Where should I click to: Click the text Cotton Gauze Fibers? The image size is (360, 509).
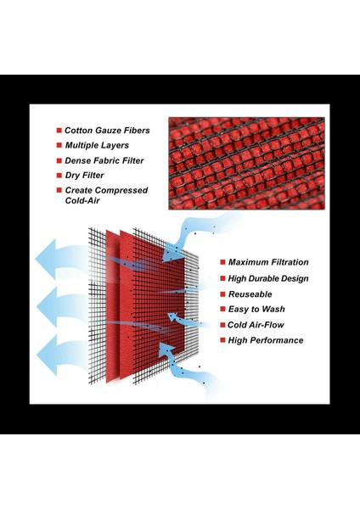click(107, 131)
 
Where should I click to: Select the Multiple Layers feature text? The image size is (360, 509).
click(97, 145)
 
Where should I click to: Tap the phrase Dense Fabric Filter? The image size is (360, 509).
click(104, 160)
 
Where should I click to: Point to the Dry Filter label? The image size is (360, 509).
click(84, 176)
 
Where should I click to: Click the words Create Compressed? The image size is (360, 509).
click(107, 190)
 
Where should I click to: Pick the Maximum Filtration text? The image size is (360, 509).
click(268, 262)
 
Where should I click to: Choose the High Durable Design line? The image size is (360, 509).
click(268, 278)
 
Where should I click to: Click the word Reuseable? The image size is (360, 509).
click(250, 294)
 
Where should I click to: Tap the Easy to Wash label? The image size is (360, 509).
click(256, 309)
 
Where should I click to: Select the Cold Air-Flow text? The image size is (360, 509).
click(256, 325)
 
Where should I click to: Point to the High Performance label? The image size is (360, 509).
click(266, 340)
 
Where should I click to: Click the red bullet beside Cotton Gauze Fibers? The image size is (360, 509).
click(59, 131)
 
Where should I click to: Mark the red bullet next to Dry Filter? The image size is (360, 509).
click(59, 176)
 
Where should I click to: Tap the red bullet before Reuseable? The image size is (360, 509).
click(222, 294)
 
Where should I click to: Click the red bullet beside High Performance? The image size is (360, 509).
click(222, 340)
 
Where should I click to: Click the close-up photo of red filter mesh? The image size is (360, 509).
click(246, 163)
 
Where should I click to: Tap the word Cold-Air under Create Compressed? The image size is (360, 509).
click(82, 200)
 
